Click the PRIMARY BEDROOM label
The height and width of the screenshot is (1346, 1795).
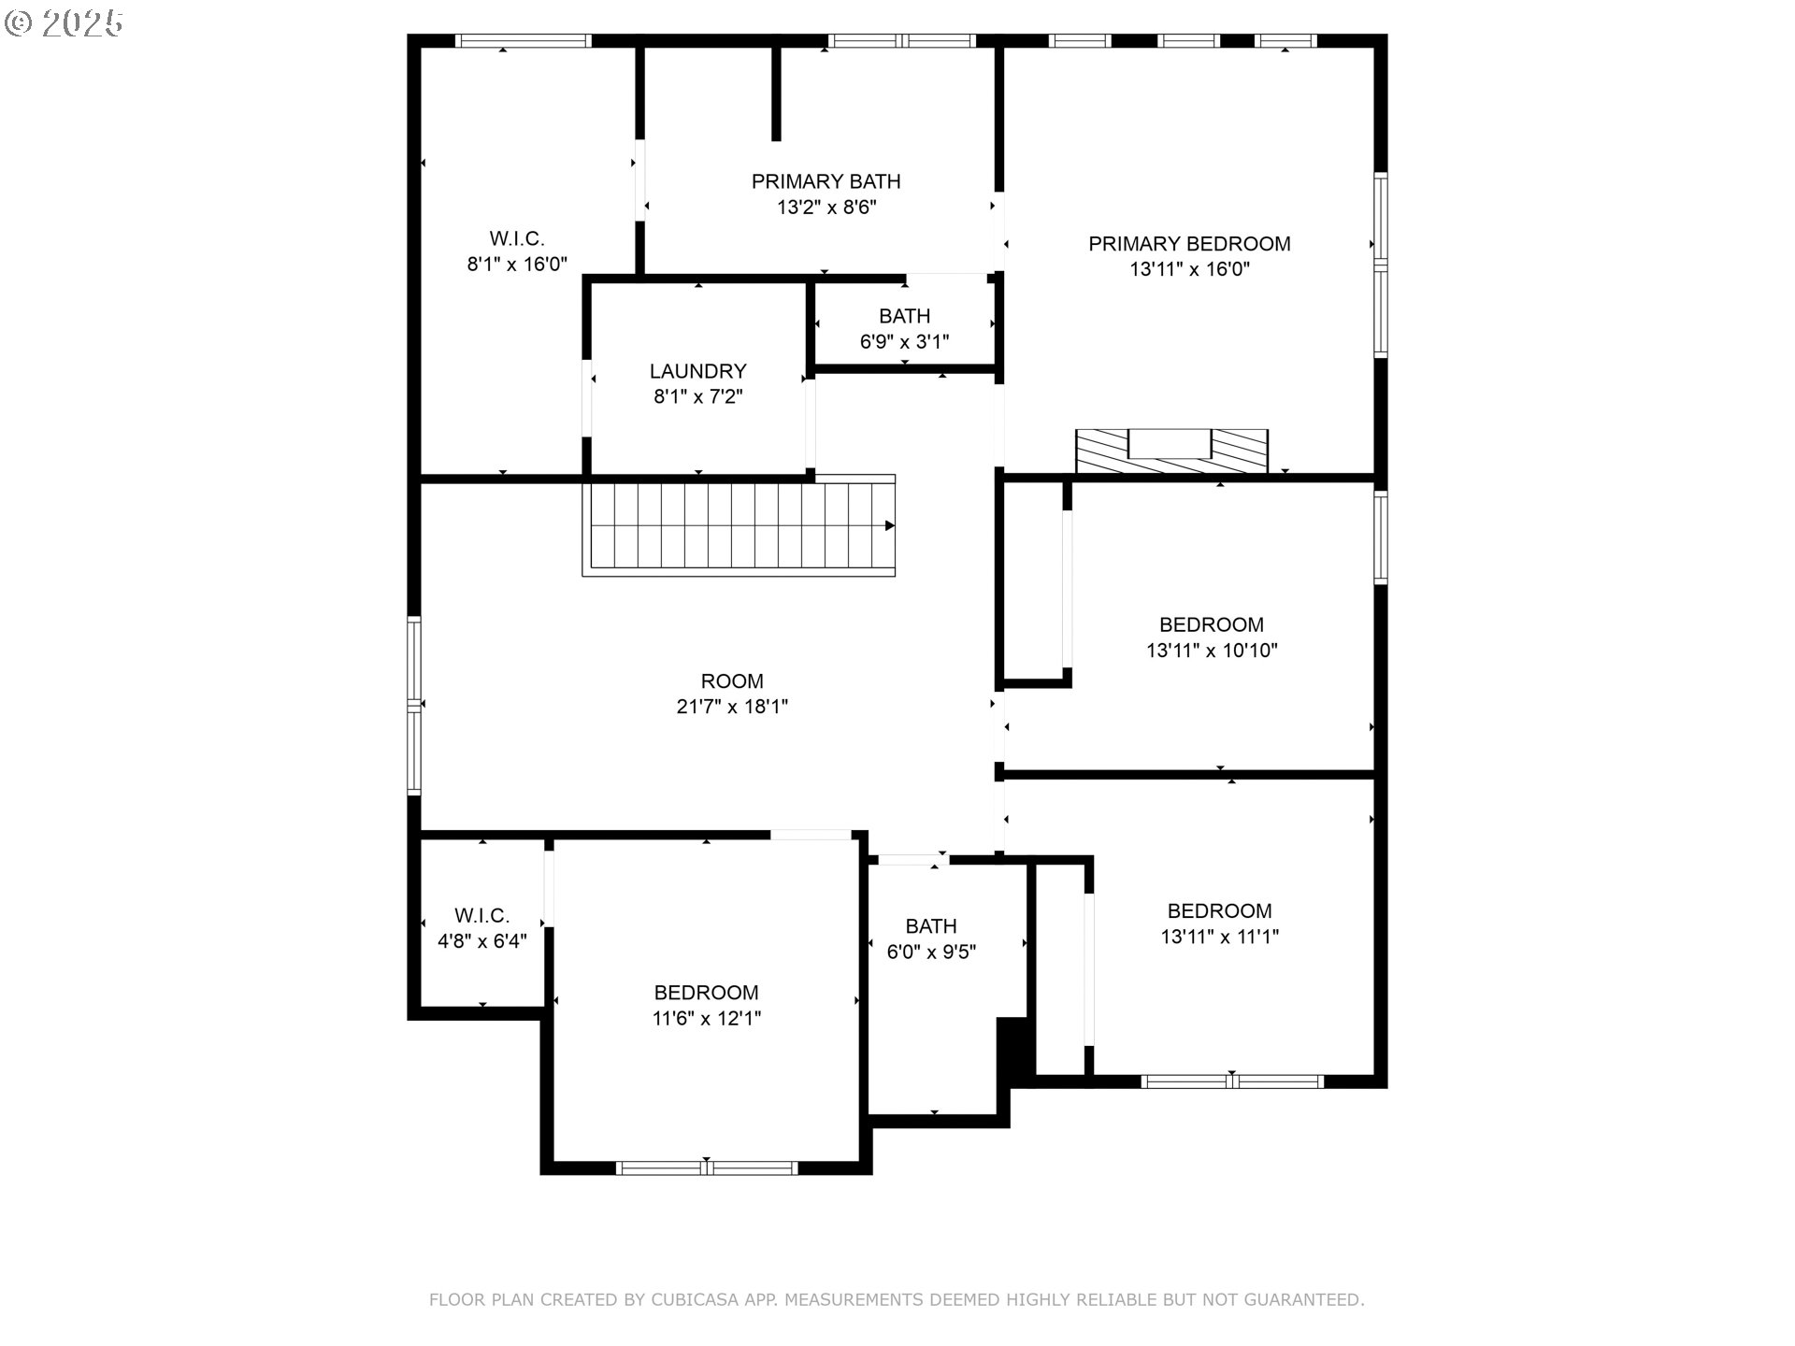pyautogui.click(x=1189, y=244)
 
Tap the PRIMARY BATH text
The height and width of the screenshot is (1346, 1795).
pyautogui.click(x=826, y=181)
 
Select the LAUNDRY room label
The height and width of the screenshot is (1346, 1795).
pyautogui.click(x=698, y=371)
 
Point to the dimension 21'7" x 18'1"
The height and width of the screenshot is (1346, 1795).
pyautogui.click(x=732, y=707)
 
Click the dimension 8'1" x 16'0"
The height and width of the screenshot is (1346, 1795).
pyautogui.click(x=517, y=265)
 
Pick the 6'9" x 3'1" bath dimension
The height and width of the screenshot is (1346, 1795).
pyautogui.click(x=905, y=342)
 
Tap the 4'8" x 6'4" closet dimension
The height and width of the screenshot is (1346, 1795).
pyautogui.click(x=482, y=941)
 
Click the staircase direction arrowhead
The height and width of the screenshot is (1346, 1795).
pyautogui.click(x=890, y=526)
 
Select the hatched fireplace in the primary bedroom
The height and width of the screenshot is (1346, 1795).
pyautogui.click(x=1171, y=451)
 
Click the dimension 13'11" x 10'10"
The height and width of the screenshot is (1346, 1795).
pyautogui.click(x=1212, y=651)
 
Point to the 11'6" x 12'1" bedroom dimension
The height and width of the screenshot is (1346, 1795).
pyautogui.click(x=707, y=1019)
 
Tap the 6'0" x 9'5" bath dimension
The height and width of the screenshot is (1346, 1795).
pyautogui.click(x=932, y=952)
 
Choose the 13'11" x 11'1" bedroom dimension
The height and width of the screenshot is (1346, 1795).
pyautogui.click(x=1220, y=937)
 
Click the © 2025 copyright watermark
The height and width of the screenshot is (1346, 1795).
pyautogui.click(x=64, y=23)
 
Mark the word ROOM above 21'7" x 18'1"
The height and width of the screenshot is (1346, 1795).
pyautogui.click(x=732, y=681)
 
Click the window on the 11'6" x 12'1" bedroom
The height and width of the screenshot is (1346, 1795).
pyautogui.click(x=707, y=1167)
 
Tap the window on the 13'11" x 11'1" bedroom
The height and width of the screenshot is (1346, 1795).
pyautogui.click(x=1232, y=1081)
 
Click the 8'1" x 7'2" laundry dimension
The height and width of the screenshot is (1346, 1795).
pyautogui.click(x=698, y=397)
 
